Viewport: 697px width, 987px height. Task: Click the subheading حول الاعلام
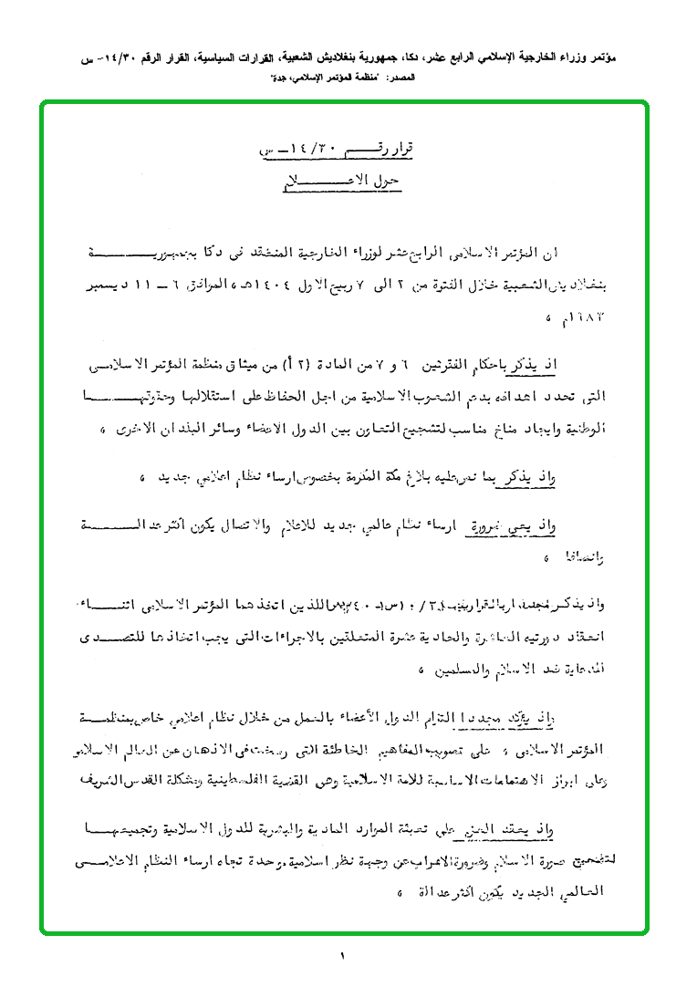340,180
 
